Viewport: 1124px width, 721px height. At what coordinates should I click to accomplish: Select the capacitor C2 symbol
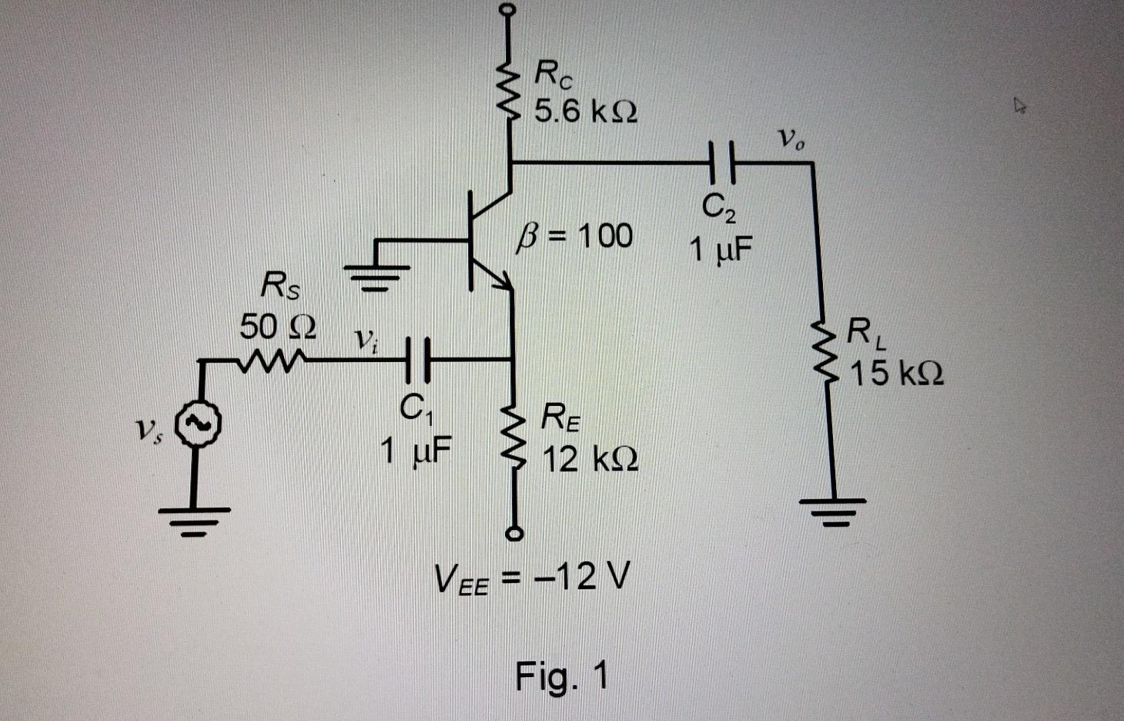coord(721,163)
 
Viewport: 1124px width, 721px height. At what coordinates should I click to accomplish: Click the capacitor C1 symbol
coord(419,359)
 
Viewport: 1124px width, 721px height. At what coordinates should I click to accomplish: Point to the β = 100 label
coord(576,236)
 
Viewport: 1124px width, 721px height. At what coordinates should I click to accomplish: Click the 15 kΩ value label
coord(896,374)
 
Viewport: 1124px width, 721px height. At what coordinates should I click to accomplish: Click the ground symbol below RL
coord(832,508)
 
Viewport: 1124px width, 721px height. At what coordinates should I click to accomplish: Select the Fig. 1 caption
coord(561,677)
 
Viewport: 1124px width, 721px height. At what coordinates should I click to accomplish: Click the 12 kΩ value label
coord(590,460)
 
